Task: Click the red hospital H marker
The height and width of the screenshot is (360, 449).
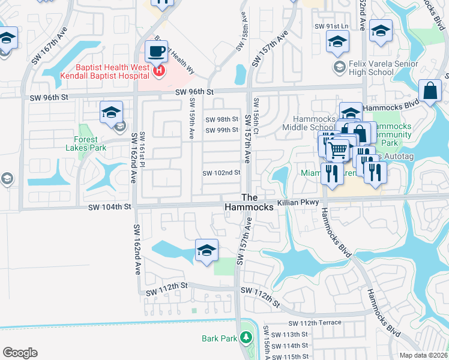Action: point(159,71)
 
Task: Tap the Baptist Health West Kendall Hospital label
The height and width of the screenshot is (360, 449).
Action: point(105,71)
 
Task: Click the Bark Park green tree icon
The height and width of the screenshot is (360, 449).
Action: point(245,338)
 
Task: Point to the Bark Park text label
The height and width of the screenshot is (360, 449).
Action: point(220,338)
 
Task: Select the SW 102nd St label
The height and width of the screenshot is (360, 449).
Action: point(221,173)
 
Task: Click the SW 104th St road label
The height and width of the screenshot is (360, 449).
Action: point(109,207)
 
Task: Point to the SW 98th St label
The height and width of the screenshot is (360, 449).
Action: point(222,119)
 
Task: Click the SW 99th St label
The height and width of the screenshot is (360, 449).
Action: point(222,130)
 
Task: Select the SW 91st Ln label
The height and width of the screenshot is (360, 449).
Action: point(331,26)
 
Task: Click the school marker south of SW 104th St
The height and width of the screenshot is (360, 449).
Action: point(206,250)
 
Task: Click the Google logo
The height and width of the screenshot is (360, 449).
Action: point(20,353)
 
